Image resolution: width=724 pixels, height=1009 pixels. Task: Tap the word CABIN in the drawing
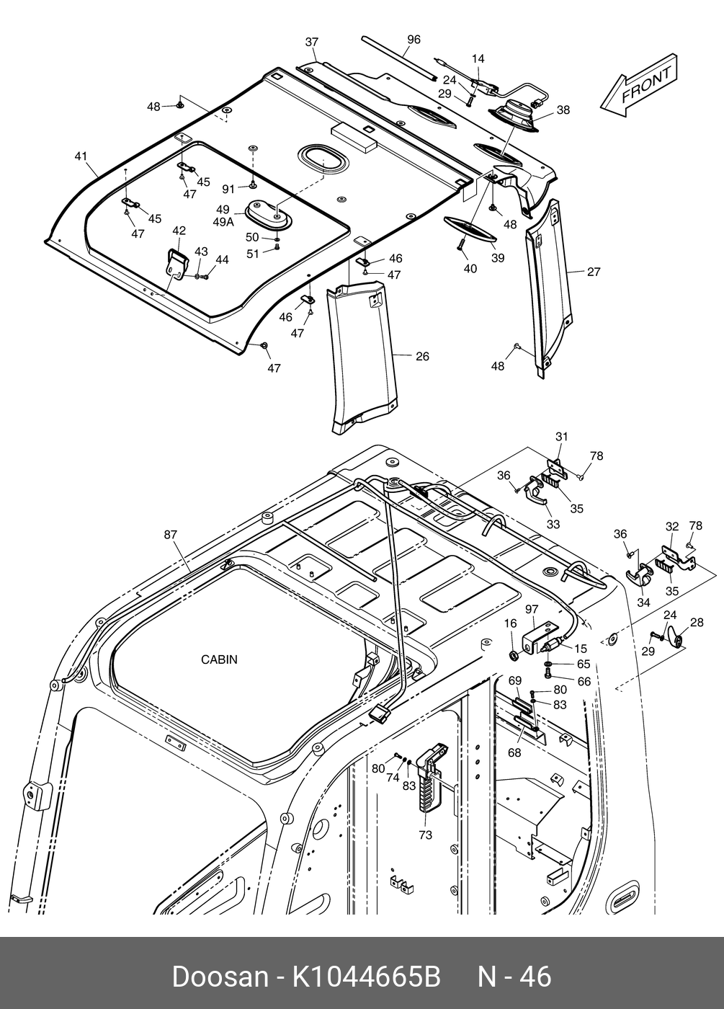pos(219,659)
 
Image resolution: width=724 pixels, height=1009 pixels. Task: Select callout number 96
pos(414,40)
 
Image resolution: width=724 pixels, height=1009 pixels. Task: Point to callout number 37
pos(311,43)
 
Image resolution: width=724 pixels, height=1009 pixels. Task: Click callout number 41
pos(81,156)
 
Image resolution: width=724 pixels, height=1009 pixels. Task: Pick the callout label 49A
pos(223,223)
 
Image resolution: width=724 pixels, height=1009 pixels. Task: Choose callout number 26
pos(422,356)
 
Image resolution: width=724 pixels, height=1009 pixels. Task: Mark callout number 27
pos(594,272)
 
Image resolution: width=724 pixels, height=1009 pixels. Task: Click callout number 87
pos(170,534)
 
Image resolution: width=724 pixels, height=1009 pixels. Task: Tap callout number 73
pos(425,835)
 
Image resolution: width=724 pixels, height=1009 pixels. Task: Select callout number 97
pos(532,610)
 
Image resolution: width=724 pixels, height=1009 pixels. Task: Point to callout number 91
pos(228,189)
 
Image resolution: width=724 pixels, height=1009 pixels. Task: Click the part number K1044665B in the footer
pos(365,977)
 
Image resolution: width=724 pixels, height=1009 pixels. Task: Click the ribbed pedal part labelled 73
pos(432,782)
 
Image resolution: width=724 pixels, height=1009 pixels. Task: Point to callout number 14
pos(478,59)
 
